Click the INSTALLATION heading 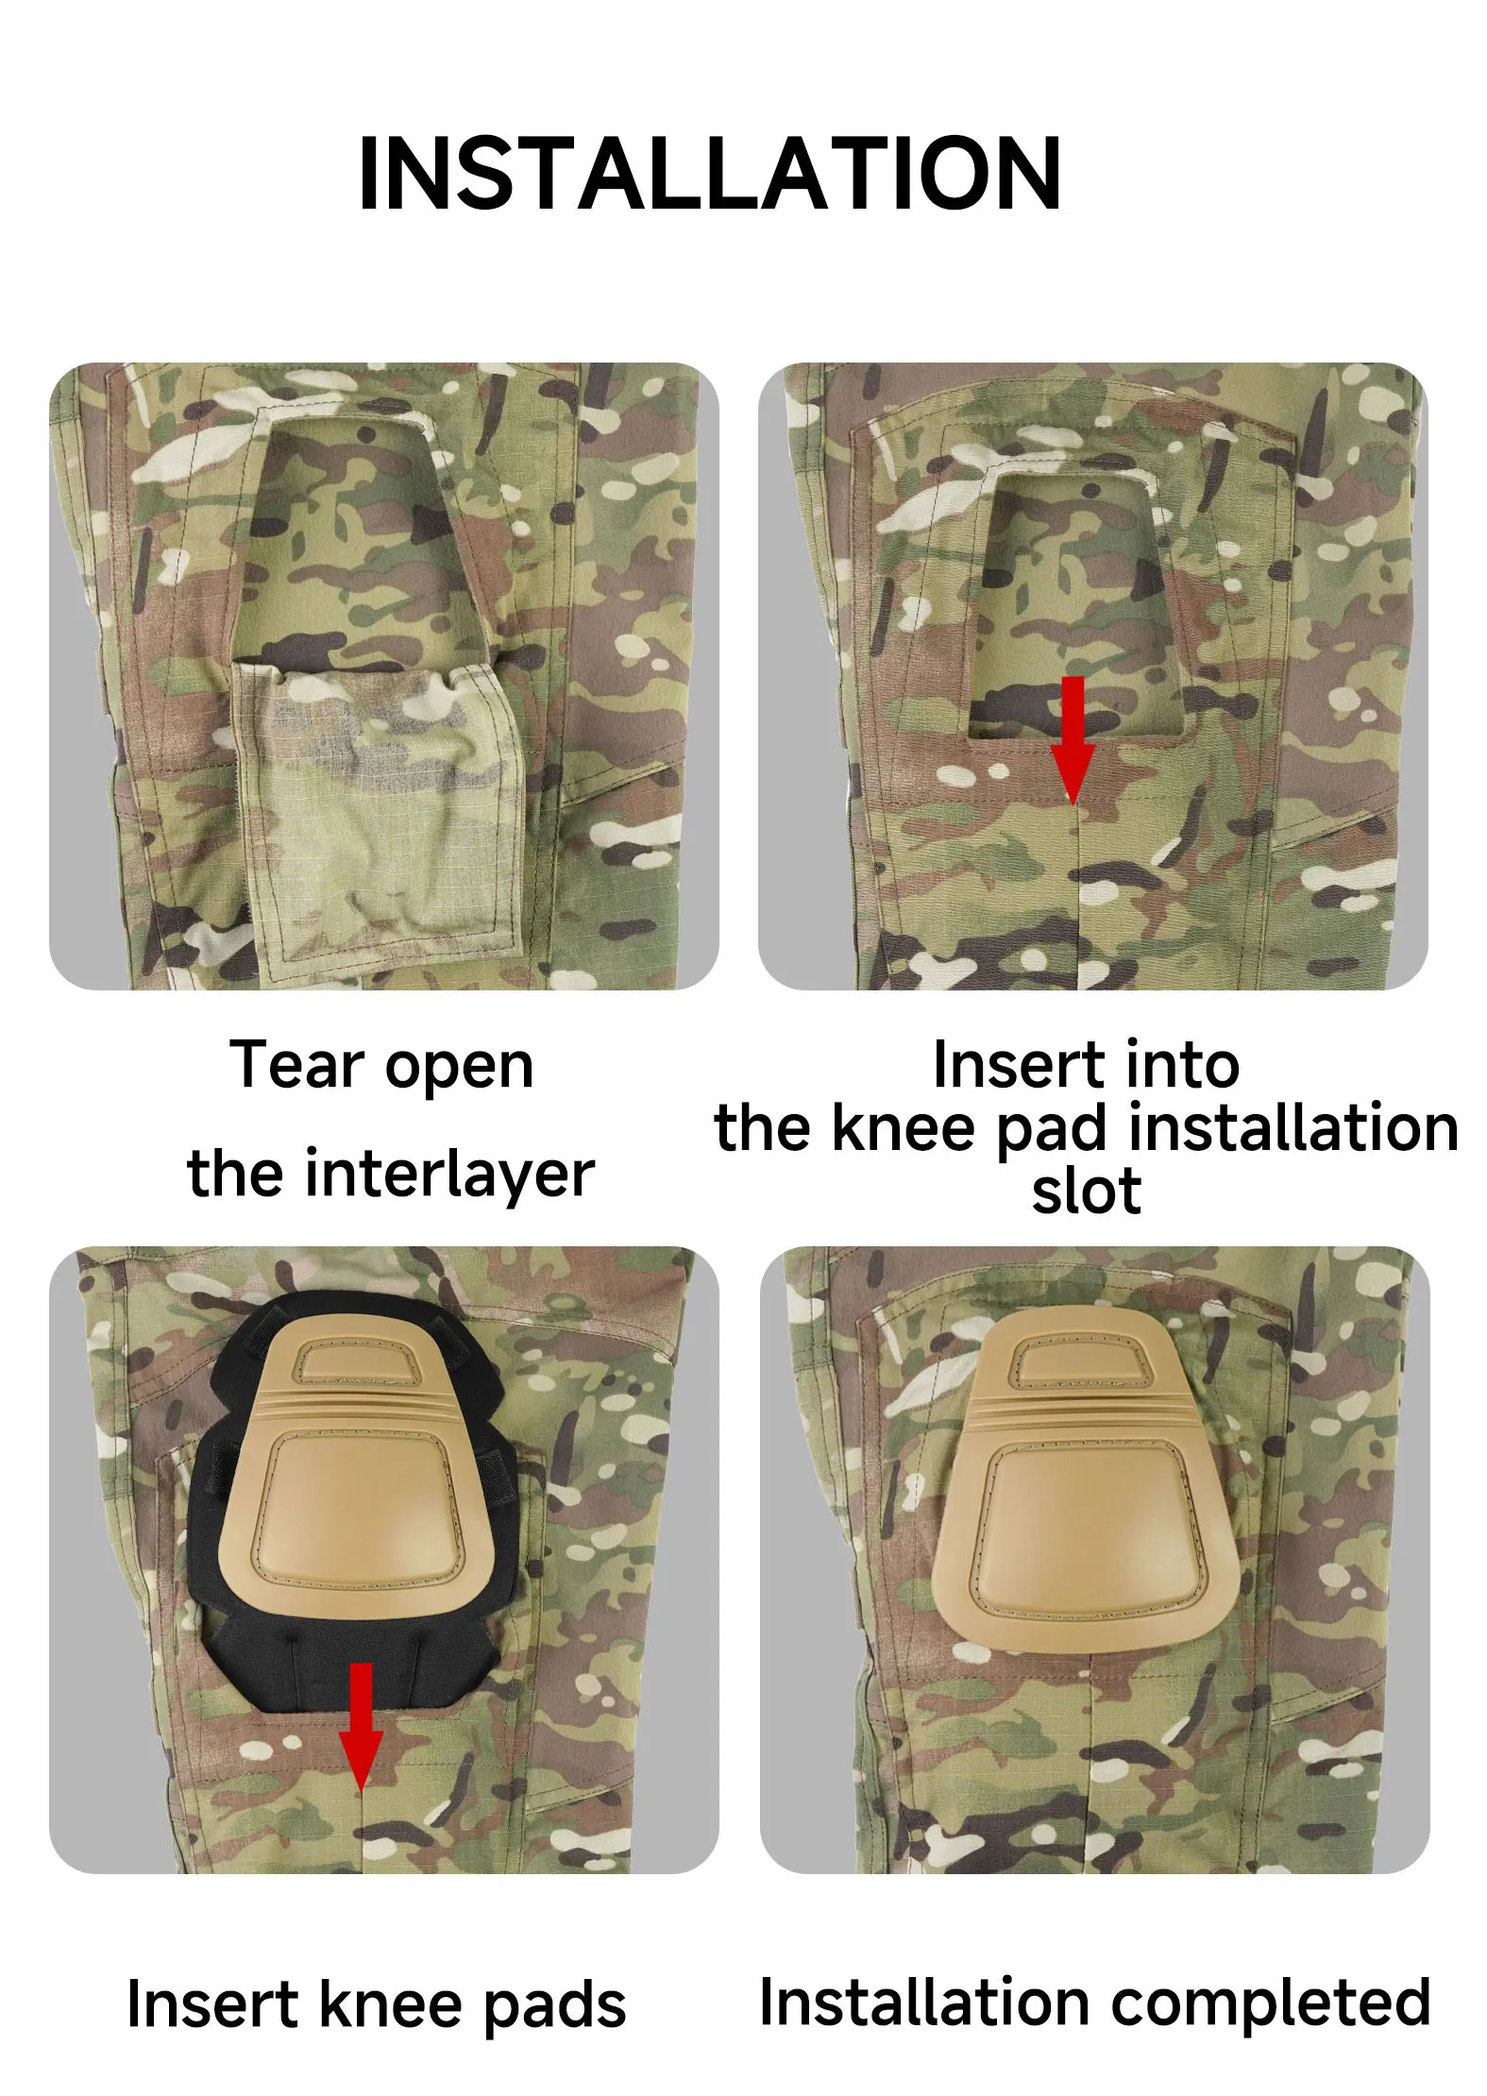coord(710,174)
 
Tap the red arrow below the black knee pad coord(361,1727)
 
